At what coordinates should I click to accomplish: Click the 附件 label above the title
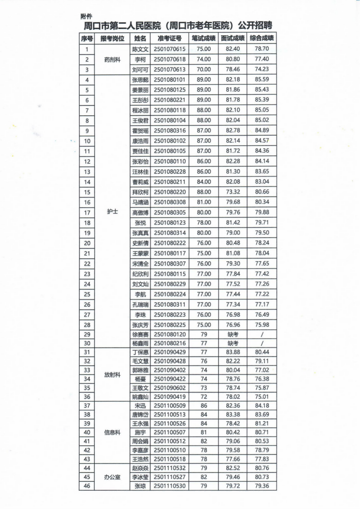(x=86, y=16)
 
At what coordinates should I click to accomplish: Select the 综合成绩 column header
(x=262, y=39)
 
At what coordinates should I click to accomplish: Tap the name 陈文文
(x=140, y=49)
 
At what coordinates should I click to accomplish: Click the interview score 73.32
(x=233, y=191)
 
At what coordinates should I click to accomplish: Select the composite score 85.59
(x=262, y=80)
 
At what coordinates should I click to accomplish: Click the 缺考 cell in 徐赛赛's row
(x=233, y=334)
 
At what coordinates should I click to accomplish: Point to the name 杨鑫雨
(x=140, y=343)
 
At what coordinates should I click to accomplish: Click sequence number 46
(x=87, y=486)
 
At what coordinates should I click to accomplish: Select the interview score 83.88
(x=233, y=352)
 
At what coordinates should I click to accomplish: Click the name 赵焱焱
(x=140, y=468)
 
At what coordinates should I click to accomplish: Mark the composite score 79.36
(x=262, y=486)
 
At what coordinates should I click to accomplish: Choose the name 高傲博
(x=140, y=212)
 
